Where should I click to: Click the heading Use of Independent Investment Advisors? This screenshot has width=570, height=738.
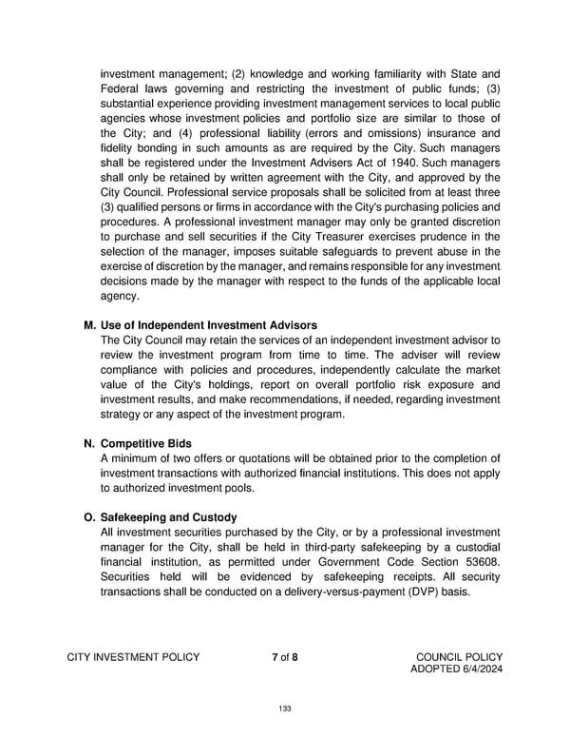(208, 326)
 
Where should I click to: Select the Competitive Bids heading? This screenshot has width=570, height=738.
(151, 443)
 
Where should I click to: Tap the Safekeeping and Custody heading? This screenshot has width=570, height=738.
(167, 517)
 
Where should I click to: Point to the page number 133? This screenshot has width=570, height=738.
(284, 708)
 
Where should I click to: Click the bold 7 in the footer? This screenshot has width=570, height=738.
(275, 656)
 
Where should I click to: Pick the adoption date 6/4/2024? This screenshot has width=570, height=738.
(480, 670)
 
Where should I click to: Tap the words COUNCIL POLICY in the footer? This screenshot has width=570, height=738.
(460, 656)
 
